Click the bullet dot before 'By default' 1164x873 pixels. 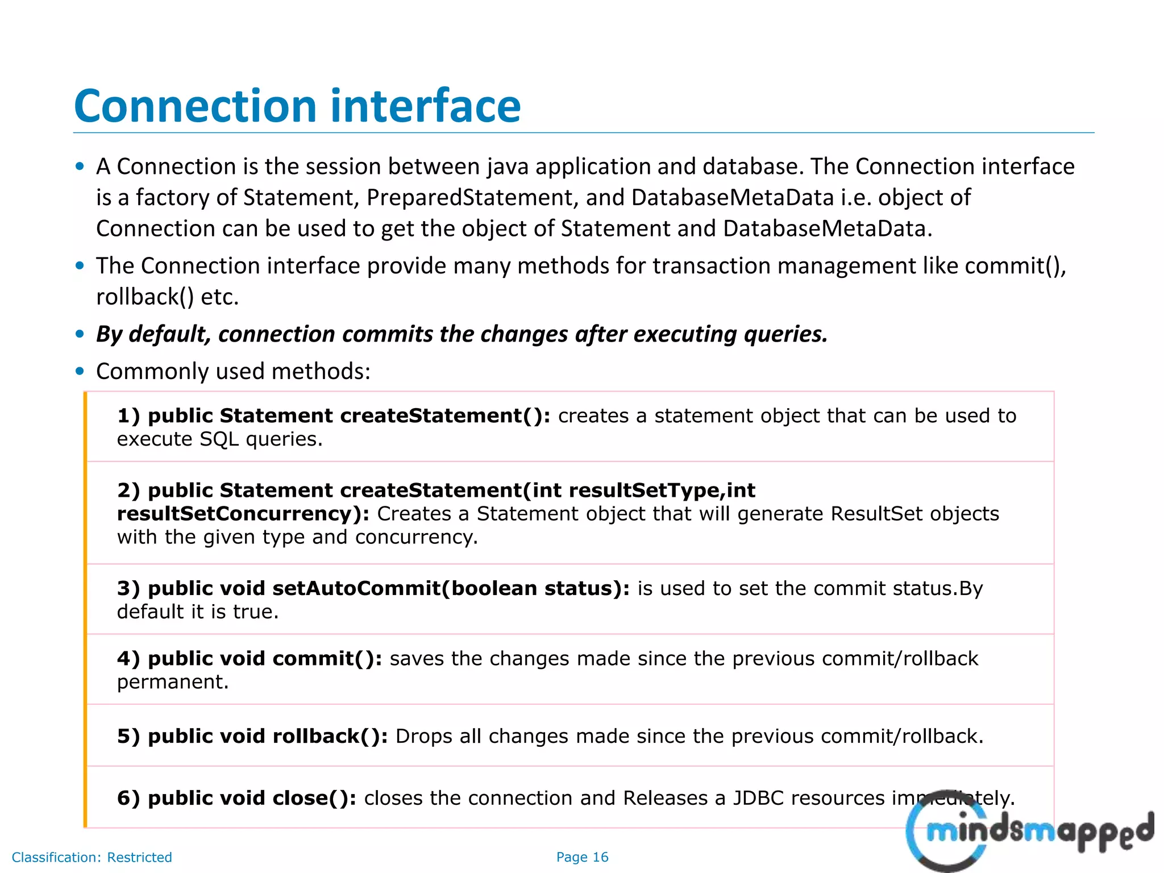80,334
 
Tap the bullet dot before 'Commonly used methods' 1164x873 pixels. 80,372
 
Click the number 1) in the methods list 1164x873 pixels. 128,416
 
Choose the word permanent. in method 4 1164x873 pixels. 172,681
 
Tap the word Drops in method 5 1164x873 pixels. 424,737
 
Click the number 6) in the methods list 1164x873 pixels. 128,799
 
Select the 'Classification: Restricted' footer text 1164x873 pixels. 92,857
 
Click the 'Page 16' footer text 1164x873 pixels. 582,857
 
